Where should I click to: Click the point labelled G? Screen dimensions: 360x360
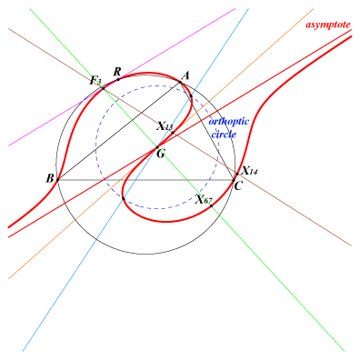(x=157, y=147)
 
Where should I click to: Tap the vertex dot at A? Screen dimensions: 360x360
(x=180, y=82)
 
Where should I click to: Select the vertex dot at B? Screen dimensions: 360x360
(x=57, y=180)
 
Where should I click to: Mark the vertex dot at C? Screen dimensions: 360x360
(x=234, y=180)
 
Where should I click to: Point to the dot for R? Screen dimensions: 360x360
(x=118, y=79)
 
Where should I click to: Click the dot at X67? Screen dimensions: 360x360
(x=211, y=205)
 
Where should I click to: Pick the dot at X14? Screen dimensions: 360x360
(x=237, y=174)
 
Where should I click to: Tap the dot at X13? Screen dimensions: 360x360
(x=173, y=133)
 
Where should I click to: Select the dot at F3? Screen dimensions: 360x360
(x=104, y=88)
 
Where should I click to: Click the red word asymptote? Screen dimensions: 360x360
(x=328, y=25)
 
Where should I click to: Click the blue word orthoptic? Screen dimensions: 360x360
(x=229, y=122)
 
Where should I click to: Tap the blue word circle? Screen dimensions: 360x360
(x=224, y=134)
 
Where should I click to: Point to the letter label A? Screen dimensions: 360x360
(x=185, y=75)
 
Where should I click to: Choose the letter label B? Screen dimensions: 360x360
(x=50, y=179)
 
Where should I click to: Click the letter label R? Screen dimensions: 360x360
(x=117, y=72)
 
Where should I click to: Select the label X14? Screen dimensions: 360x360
(x=249, y=171)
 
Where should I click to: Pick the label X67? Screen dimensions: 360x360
(x=204, y=199)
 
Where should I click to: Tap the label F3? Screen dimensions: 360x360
(x=95, y=81)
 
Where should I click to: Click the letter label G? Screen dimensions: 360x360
(x=161, y=155)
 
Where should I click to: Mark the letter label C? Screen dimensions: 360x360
(x=238, y=186)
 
